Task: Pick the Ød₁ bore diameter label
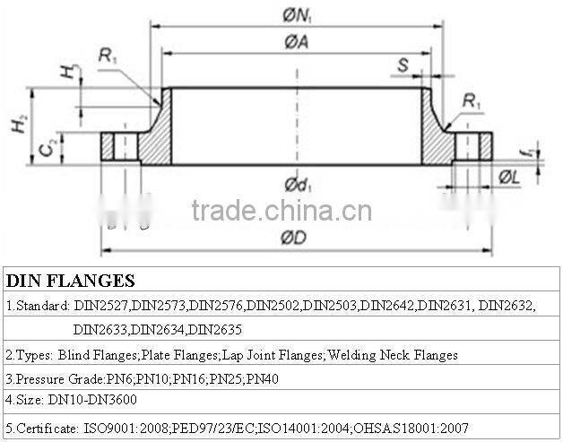click(x=298, y=185)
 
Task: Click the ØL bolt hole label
click(x=509, y=177)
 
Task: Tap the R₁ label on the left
click(x=108, y=56)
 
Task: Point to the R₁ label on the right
click(x=472, y=102)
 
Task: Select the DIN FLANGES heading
click(x=70, y=281)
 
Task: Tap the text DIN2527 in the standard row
click(x=103, y=307)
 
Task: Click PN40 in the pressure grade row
click(x=263, y=379)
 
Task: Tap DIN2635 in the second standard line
click(x=217, y=330)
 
